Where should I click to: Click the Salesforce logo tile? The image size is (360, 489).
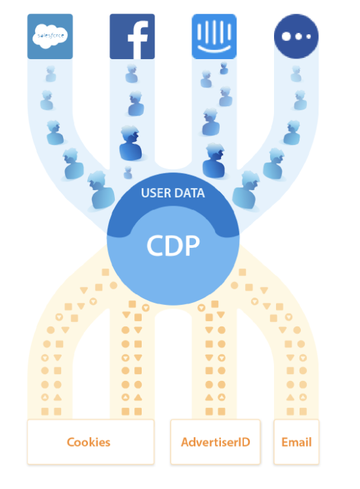(x=50, y=36)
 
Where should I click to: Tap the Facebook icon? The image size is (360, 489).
(x=132, y=36)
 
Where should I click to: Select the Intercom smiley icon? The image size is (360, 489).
(x=214, y=36)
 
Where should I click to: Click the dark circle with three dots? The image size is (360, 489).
(x=296, y=36)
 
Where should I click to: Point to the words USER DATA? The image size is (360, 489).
(x=173, y=193)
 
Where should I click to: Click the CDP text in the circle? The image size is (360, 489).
(x=173, y=246)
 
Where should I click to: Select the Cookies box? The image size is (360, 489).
(x=91, y=442)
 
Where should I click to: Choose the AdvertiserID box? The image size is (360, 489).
(x=215, y=442)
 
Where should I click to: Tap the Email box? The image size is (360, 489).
(x=296, y=442)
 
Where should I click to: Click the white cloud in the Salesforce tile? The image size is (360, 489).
(x=50, y=36)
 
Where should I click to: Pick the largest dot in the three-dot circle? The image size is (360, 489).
(x=286, y=36)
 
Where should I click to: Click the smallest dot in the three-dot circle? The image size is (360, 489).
(x=308, y=36)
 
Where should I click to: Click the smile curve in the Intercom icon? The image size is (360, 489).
(x=214, y=49)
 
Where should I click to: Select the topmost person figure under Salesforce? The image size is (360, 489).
(x=50, y=74)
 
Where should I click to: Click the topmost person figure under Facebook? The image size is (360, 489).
(x=132, y=74)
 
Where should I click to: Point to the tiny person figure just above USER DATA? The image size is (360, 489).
(x=128, y=173)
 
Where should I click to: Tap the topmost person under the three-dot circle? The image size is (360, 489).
(x=296, y=74)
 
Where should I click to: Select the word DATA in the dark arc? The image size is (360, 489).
(x=189, y=193)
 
